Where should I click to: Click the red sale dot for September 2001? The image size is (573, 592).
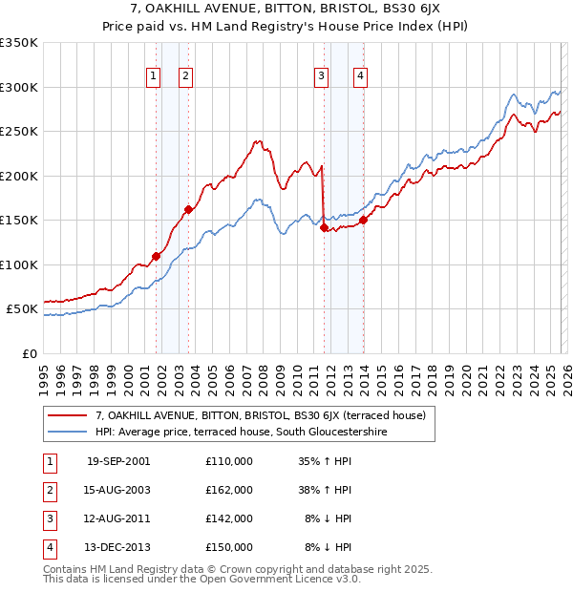tap(156, 256)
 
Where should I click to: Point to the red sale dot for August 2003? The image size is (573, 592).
tap(188, 210)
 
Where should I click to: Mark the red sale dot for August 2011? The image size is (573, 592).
tap(324, 228)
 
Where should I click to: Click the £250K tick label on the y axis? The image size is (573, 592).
tap(19, 132)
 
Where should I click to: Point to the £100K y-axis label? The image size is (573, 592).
tap(19, 264)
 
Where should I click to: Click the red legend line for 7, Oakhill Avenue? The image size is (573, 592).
tap(67, 415)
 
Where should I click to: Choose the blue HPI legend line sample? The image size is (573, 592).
tap(67, 433)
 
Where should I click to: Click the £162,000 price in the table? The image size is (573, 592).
tap(228, 490)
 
